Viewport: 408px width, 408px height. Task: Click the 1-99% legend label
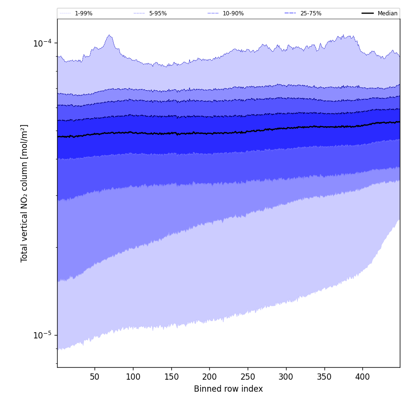coord(84,13)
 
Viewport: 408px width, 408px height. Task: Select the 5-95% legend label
coord(158,13)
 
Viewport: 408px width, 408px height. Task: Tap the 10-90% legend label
coord(233,13)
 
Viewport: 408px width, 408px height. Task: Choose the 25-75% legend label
coord(311,13)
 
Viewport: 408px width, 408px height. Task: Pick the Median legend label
coord(387,13)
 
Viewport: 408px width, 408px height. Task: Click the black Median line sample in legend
coord(368,13)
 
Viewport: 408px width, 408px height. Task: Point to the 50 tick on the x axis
coord(95,377)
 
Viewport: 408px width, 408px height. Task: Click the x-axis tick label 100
coord(133,377)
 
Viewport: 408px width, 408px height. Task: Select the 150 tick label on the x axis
coord(171,377)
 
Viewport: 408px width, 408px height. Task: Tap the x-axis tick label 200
coord(209,377)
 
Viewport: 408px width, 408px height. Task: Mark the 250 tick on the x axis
coord(248,377)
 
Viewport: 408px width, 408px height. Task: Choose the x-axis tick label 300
coord(286,377)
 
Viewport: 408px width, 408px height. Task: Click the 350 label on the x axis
coord(324,377)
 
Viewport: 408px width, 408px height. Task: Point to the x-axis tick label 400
coord(362,377)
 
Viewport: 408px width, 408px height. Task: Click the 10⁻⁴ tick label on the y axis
coord(42,43)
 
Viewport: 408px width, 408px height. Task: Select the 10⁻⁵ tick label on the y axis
coord(42,335)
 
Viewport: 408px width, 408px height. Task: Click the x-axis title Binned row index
coord(228,389)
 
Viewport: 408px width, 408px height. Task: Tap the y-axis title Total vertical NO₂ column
coord(24,193)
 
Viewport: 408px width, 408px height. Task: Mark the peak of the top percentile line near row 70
coord(110,35)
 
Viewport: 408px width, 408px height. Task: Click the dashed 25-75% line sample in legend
coord(290,13)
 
